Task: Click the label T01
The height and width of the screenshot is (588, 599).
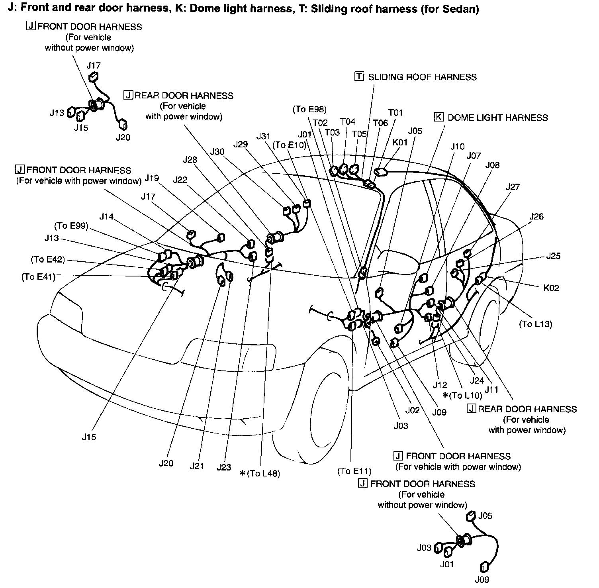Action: (395, 113)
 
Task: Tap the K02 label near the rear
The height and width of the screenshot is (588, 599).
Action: (551, 288)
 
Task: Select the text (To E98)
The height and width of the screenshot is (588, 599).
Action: (309, 109)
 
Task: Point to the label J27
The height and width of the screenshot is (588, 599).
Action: (513, 187)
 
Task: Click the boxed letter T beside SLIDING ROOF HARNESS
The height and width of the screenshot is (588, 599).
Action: (359, 76)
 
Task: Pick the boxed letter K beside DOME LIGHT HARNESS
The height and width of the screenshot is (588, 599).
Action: (438, 117)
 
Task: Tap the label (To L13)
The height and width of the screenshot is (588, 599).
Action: (535, 324)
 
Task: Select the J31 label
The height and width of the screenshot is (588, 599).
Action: (263, 136)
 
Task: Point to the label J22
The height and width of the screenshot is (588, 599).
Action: (180, 180)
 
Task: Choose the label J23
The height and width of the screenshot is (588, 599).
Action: (224, 467)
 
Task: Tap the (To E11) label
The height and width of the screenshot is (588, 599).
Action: (354, 471)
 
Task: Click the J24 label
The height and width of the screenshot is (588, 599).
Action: (477, 380)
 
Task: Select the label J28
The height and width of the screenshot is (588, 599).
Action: (190, 160)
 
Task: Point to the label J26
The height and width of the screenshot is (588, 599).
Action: (536, 216)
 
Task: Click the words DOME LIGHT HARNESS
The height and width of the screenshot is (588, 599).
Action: (497, 118)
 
